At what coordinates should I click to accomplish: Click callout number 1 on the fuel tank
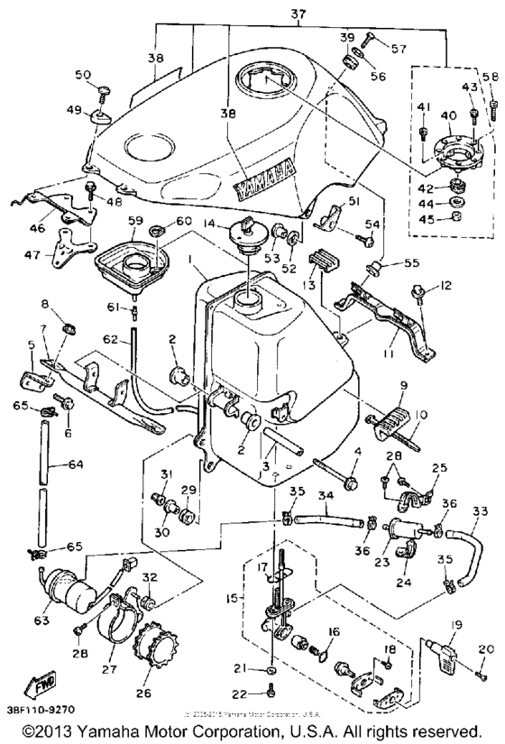point(190,260)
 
